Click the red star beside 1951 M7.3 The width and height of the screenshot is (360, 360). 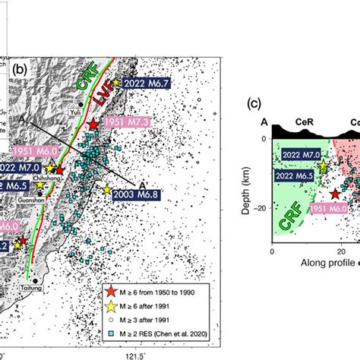pyautogui.click(x=93, y=125)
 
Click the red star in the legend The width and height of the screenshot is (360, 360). pyautogui.click(x=112, y=292)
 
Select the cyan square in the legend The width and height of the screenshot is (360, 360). pyautogui.click(x=112, y=333)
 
